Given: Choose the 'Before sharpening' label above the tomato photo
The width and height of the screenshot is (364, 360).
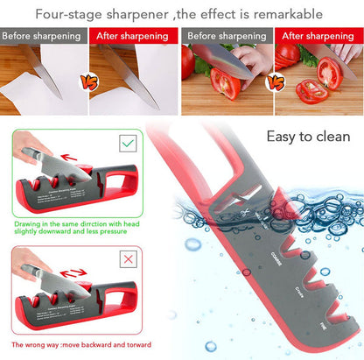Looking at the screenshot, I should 227,38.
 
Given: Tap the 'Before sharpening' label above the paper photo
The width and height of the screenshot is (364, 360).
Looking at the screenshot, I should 43,38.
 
